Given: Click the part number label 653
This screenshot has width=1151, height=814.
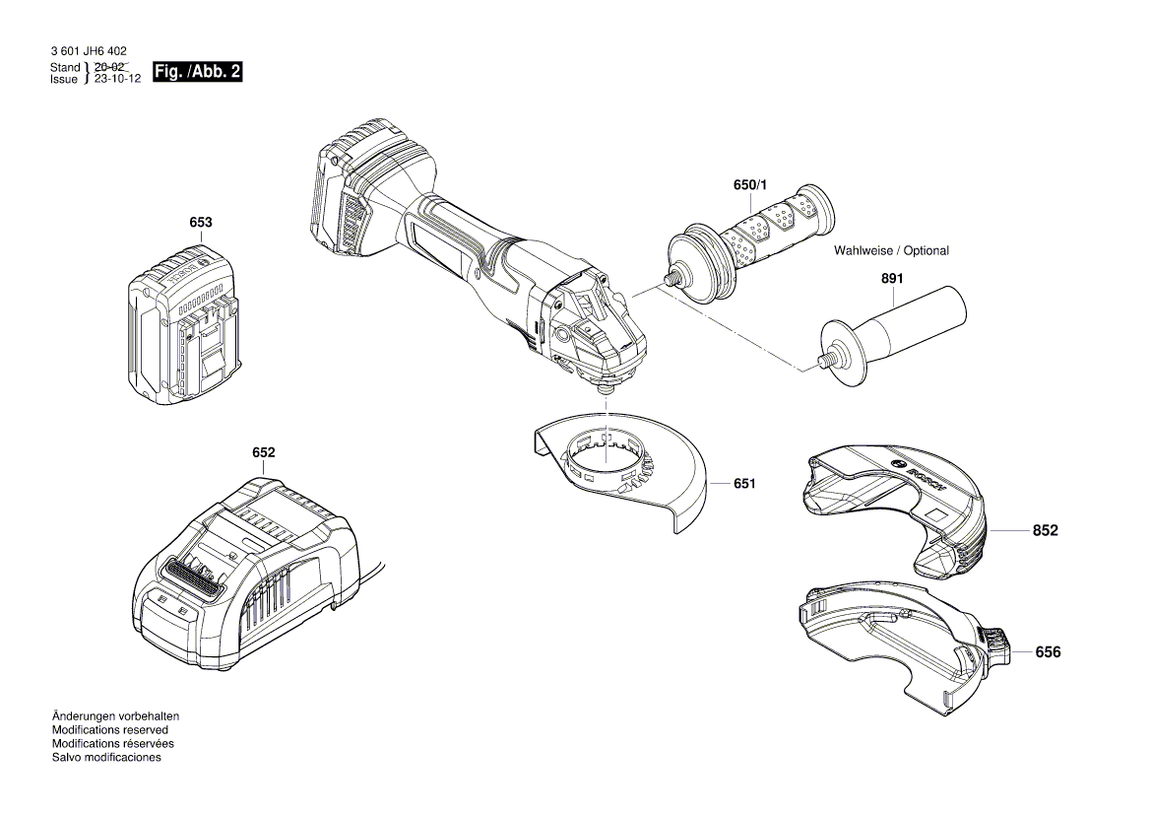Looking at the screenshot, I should click(x=200, y=223).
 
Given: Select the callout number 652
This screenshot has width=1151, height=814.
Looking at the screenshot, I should click(x=263, y=452).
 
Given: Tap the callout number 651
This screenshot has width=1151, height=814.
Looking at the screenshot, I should click(x=744, y=484).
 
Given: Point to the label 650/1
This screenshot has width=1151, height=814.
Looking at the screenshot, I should click(x=748, y=185).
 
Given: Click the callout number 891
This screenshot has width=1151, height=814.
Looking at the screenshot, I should click(x=891, y=279).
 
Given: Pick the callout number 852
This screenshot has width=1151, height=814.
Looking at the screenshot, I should click(x=1045, y=530).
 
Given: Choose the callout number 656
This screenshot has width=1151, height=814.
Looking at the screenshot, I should click(x=1048, y=652).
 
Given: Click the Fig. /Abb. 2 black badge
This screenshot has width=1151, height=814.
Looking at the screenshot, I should click(x=197, y=72).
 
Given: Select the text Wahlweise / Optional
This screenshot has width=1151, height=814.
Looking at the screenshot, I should click(x=891, y=250).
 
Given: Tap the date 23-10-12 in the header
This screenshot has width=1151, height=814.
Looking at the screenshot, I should click(x=117, y=79).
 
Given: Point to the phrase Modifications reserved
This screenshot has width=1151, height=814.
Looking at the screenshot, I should click(x=109, y=729).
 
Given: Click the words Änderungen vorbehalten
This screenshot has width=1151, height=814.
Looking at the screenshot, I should click(x=115, y=715).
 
